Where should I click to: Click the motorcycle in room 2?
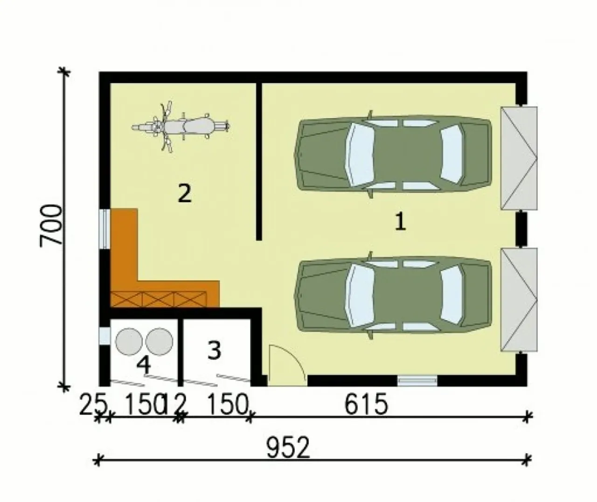click(180, 127)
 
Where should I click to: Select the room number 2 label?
click(184, 194)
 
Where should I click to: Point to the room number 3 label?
click(215, 351)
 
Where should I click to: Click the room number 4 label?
click(144, 366)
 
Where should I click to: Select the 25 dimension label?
click(93, 405)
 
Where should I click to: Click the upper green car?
click(393, 154)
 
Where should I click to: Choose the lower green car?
click(393, 296)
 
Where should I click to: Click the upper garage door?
click(519, 158)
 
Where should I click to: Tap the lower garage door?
click(519, 300)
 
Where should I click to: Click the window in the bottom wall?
click(417, 381)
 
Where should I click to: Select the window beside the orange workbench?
click(104, 229)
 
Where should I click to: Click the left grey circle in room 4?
click(129, 342)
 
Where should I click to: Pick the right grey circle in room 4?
click(159, 342)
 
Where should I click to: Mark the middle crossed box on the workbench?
click(158, 299)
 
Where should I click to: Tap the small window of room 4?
click(104, 336)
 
